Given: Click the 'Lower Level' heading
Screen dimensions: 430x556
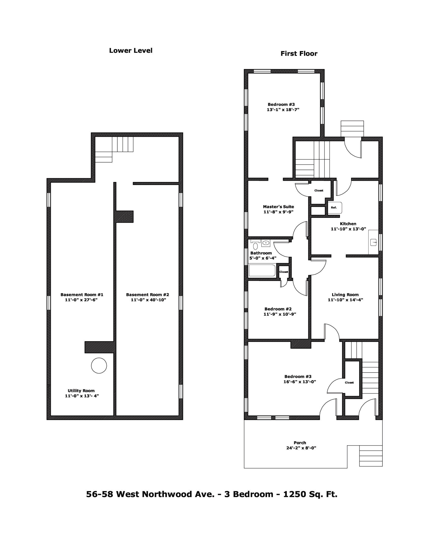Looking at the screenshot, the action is pos(131,50).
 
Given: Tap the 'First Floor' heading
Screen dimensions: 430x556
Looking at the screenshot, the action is pos(299,54).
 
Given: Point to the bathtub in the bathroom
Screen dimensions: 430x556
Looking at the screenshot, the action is pos(262,271).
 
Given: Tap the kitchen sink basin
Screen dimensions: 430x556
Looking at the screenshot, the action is pos(373,242).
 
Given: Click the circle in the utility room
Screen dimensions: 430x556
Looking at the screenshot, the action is pos(99,365).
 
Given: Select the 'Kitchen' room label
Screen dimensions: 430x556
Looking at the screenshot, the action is pos(348,223).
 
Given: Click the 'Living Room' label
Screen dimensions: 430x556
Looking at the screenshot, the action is pos(345,294).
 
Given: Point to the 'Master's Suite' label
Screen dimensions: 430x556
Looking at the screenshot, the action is pos(278,207).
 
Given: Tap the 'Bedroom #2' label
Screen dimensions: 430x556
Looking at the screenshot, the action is pos(278,309).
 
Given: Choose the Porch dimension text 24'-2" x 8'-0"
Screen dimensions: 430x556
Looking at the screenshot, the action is pos(301,455).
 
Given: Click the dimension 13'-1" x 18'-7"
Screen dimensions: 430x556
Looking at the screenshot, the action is pos(283,110).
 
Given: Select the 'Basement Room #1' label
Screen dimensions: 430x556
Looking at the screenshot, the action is pos(82,294).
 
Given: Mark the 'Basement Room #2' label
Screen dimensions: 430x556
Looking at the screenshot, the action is pos(147,294).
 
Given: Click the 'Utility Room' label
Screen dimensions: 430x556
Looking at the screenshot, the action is pos(81,390).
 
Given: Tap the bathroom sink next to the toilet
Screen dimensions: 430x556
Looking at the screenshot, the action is pos(266,243).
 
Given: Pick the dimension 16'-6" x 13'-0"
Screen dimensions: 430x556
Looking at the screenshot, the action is pos(299,382).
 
